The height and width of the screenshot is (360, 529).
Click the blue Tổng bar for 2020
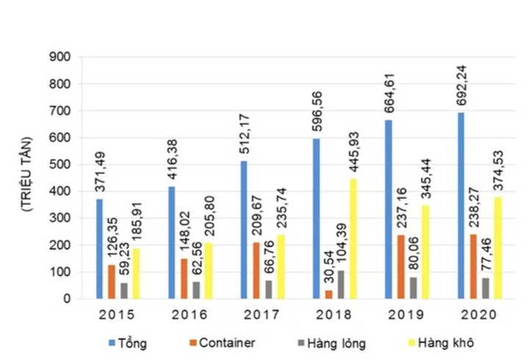[461, 206]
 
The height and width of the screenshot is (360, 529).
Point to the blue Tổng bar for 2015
[99, 249]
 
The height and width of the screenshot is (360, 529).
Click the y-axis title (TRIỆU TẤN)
[26, 175]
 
